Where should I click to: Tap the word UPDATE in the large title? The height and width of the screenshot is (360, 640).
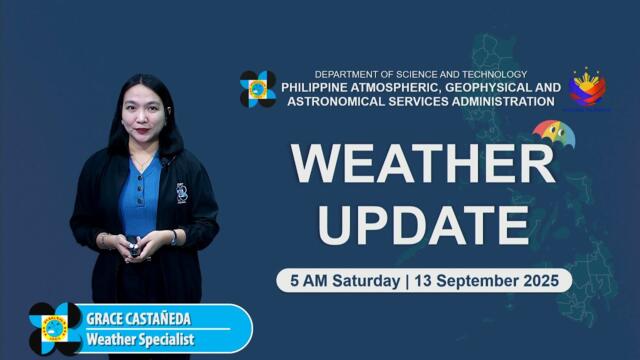[x=423, y=224]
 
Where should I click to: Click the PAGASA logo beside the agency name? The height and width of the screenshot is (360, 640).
[x=258, y=89]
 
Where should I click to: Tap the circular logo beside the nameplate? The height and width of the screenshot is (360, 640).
[x=55, y=328]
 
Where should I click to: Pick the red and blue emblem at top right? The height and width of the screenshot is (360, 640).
[x=587, y=88]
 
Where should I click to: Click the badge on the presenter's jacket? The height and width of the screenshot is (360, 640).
[x=182, y=192]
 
